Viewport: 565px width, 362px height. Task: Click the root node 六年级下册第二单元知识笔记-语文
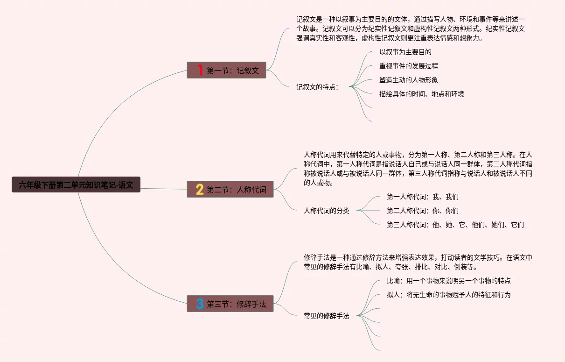coord(76,185)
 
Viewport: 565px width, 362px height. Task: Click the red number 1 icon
coord(200,71)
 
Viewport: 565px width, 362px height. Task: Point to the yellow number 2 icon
coord(200,190)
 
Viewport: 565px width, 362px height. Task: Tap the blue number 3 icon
coord(200,304)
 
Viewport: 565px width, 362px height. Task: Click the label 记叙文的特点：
coord(318,87)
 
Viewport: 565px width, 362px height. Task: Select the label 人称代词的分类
coord(327,211)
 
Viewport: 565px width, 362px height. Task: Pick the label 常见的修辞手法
coord(327,316)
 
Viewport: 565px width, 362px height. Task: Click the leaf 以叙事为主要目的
coord(405,52)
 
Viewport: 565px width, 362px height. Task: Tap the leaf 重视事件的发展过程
coord(409,66)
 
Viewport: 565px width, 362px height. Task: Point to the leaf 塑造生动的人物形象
coord(409,80)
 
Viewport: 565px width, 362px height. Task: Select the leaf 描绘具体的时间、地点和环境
coord(422,94)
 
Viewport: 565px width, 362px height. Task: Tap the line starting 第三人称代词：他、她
coord(455,225)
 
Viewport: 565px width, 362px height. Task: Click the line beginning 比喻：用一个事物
coord(449,281)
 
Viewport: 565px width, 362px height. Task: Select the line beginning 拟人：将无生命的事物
coord(449,295)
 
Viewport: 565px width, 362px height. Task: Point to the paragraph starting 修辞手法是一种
coord(418,262)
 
